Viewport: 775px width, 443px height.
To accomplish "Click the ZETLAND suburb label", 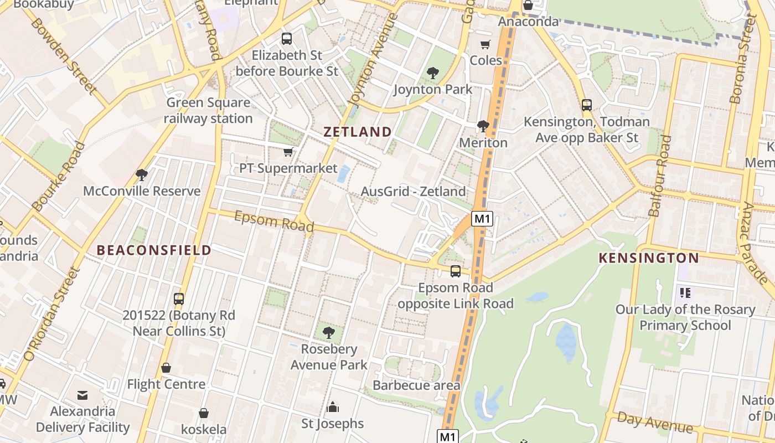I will pos(358,132).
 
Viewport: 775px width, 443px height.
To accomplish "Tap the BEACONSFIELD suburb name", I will pos(154,250).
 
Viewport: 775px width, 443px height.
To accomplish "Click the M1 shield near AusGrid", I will pos(482,219).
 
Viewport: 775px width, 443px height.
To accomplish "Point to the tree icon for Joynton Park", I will pos(433,73).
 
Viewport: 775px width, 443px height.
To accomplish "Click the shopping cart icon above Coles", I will pos(485,44).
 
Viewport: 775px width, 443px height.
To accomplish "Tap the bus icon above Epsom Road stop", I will pos(456,271).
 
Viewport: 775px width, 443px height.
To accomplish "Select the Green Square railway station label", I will pos(208,111).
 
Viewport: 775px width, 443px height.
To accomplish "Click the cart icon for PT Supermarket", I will pos(288,152).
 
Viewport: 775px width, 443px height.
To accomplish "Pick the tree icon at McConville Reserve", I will pos(142,175).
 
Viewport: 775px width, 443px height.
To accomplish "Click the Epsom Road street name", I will pos(274,221).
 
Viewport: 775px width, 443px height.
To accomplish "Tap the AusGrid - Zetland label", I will pos(414,192).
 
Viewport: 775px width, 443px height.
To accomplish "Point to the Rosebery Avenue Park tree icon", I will pos(329,333).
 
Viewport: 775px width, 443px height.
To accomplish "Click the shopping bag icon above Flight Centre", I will pos(166,368).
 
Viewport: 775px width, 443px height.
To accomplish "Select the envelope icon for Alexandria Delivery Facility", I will pos(82,395).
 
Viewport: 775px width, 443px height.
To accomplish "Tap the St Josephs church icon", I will pos(333,407).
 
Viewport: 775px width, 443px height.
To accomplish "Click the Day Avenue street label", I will pos(655,423).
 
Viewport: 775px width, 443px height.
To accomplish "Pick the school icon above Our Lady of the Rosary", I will pos(685,292).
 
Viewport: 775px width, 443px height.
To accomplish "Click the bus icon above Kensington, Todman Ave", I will pos(587,105).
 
